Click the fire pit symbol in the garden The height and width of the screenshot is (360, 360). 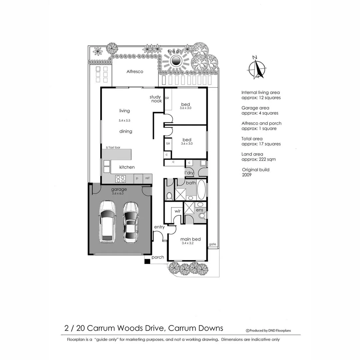(176, 61)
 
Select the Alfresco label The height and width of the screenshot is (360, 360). (135, 71)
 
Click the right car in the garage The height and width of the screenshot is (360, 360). (130, 222)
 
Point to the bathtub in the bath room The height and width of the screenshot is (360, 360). (201, 190)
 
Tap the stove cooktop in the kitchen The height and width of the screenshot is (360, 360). (120, 179)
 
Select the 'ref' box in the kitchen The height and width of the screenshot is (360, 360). (147, 178)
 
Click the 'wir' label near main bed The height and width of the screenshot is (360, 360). (177, 211)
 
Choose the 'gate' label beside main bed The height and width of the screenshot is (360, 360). (212, 244)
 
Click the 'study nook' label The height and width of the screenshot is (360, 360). (156, 99)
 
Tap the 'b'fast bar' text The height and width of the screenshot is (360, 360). (113, 147)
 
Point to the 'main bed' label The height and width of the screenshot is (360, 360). (190, 239)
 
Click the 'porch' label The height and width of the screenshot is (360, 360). (158, 257)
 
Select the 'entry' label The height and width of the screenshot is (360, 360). (159, 227)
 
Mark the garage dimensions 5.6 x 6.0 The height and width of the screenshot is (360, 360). (119, 193)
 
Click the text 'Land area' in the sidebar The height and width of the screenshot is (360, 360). (252, 154)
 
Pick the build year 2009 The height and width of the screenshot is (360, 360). (247, 175)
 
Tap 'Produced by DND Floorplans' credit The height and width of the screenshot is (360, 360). (268, 331)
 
